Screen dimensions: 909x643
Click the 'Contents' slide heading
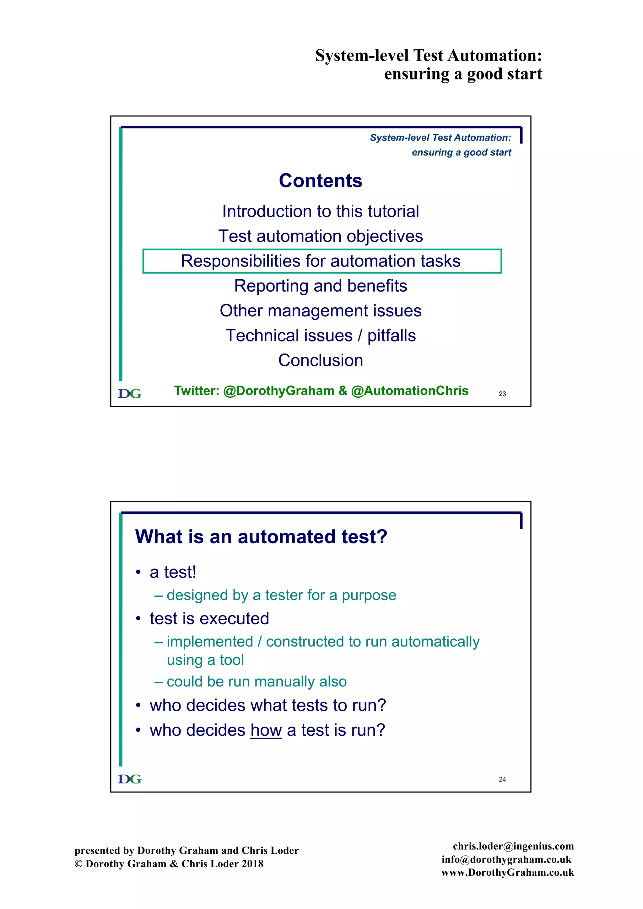(320, 181)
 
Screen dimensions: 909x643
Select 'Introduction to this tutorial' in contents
(320, 212)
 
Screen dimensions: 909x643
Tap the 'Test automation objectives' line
(320, 236)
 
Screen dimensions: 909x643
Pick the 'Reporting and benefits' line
(320, 286)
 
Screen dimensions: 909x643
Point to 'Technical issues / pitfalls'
(320, 336)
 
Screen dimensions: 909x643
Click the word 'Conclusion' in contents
(320, 361)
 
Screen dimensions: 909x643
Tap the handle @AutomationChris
(409, 391)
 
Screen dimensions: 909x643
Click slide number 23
(502, 394)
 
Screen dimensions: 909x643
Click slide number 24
(502, 780)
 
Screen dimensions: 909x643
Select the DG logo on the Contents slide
(129, 394)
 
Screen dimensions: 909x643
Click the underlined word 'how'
(266, 730)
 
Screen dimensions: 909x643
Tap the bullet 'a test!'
(173, 573)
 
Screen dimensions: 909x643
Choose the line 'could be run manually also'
(256, 682)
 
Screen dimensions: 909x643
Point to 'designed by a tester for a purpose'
(281, 595)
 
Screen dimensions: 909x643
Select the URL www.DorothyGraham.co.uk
(508, 873)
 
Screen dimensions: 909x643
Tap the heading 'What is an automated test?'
(261, 537)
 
